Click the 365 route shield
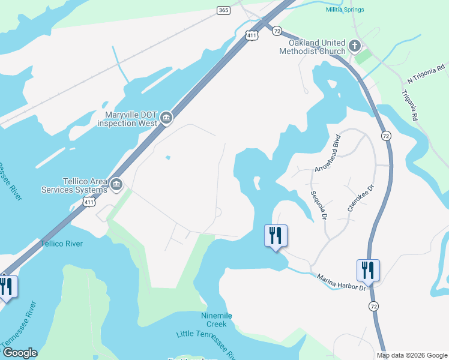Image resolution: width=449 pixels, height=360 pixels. [223, 11]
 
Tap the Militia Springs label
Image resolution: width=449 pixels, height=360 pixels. [345, 10]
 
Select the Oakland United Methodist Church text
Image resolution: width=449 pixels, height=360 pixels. [313, 47]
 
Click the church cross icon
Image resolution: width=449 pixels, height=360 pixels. [355, 45]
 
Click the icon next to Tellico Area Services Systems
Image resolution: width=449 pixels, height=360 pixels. [116, 184]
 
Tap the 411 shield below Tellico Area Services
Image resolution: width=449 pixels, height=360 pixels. [89, 203]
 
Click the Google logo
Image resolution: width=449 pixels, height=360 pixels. [20, 353]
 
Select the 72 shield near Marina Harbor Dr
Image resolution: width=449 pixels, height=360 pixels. [374, 306]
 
